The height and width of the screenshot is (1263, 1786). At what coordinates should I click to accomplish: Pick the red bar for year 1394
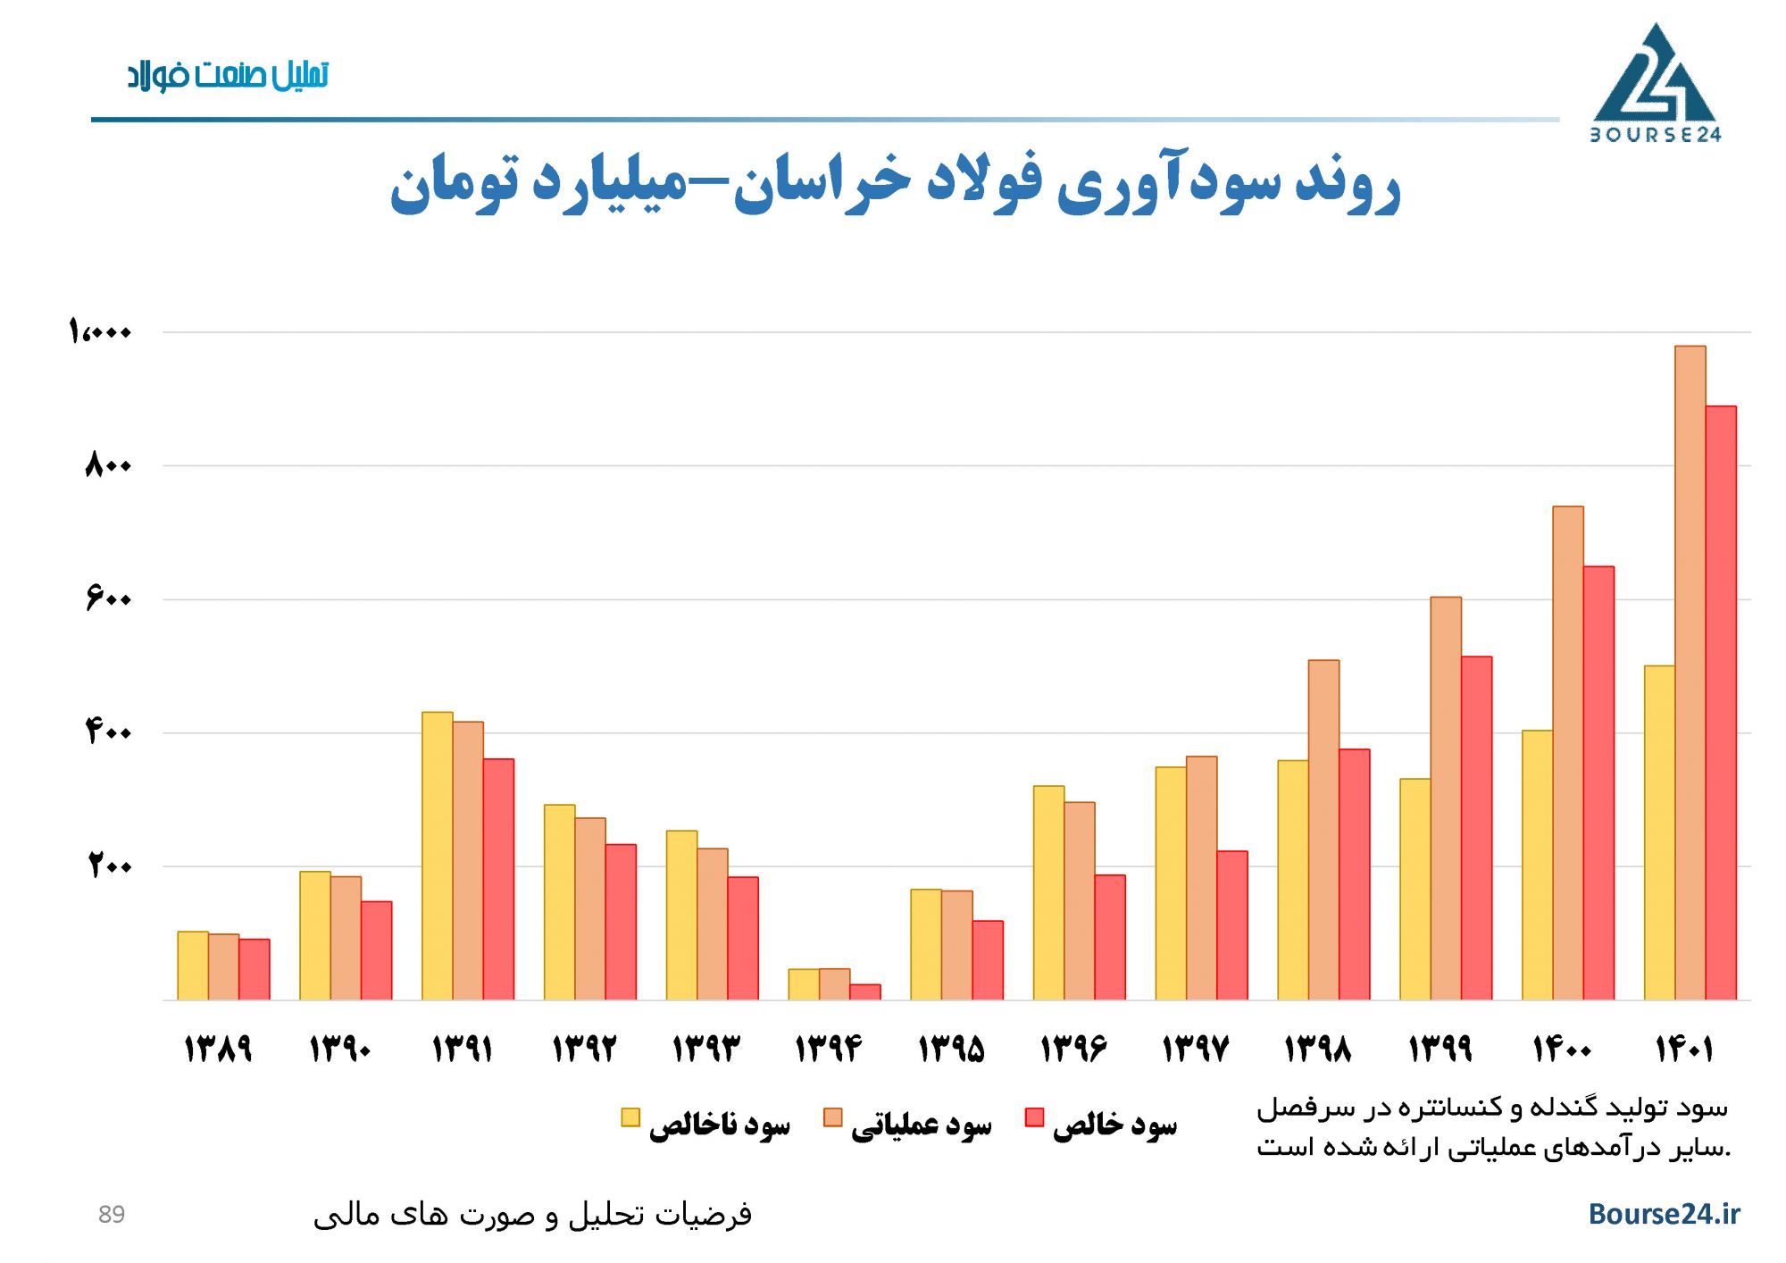point(864,991)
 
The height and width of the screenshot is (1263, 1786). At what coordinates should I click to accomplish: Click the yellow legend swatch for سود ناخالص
point(630,1117)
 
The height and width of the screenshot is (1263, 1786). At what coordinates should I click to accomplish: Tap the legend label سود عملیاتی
point(921,1125)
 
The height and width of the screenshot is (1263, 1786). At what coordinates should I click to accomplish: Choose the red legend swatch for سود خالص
point(1034,1117)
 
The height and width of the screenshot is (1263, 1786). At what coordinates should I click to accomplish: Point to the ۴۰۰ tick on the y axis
point(108,732)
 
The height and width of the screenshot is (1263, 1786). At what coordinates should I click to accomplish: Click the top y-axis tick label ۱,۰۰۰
point(100,331)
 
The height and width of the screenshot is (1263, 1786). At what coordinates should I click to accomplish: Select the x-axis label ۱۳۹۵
point(951,1048)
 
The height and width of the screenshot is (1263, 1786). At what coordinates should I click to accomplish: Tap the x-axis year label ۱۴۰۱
point(1683,1048)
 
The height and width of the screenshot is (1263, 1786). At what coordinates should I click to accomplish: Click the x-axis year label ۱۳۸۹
point(218,1048)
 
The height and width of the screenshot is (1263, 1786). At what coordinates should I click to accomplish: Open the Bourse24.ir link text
point(1664,1214)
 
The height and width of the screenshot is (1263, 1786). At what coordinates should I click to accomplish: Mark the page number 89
point(112,1215)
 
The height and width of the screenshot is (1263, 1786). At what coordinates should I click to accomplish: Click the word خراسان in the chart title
point(822,183)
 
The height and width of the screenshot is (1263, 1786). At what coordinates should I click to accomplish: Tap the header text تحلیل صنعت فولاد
point(228,75)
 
